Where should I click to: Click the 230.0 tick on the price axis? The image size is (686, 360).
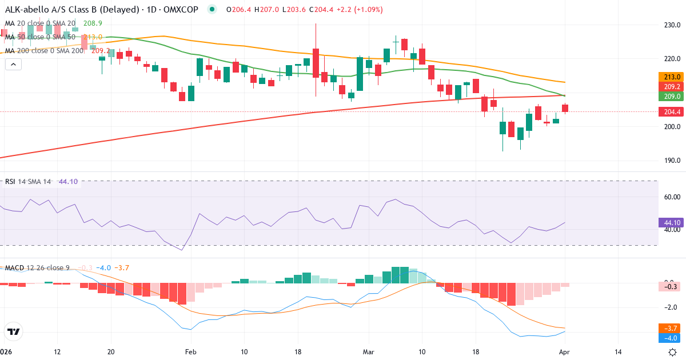672,25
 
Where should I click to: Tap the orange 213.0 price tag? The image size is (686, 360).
672,77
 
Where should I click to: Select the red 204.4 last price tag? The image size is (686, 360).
672,112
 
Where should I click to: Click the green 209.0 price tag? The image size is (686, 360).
672,97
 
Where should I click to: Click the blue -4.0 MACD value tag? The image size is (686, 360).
671,338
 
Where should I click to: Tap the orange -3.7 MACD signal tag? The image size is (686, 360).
671,329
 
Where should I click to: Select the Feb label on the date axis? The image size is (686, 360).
190,352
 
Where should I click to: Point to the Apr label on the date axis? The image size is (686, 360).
565,352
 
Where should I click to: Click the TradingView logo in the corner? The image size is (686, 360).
14,331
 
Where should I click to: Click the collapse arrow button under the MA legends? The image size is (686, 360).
13,65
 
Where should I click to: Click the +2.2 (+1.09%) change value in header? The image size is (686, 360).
359,10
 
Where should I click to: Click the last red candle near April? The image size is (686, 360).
565,108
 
